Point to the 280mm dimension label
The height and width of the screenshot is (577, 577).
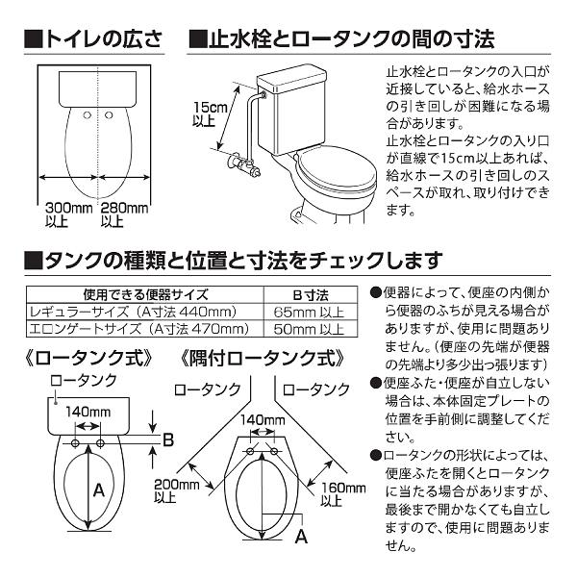(x=125, y=213)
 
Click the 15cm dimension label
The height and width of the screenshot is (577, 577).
(x=206, y=113)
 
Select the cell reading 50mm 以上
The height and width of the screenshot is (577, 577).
(x=311, y=329)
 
